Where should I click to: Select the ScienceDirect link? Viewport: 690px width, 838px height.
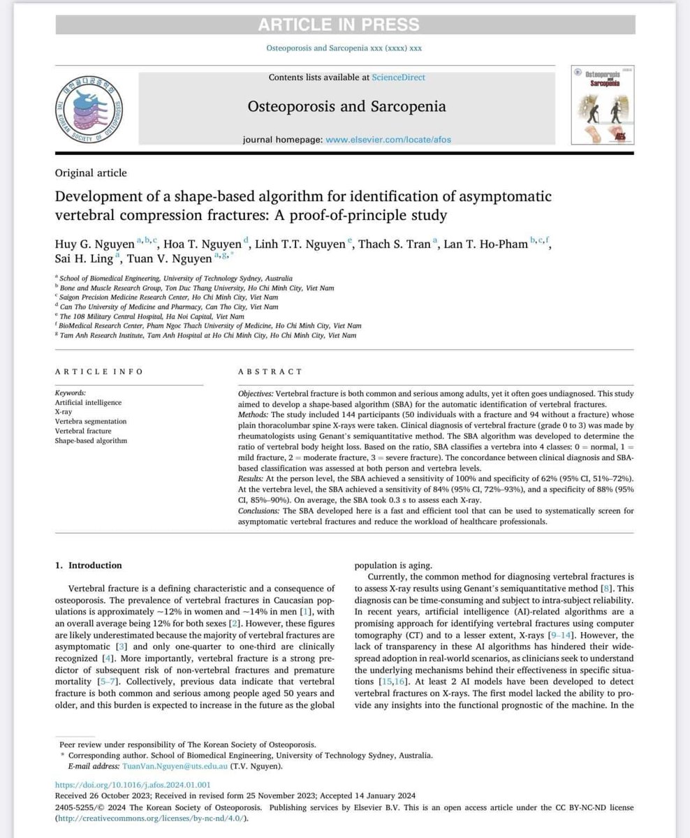pos(398,78)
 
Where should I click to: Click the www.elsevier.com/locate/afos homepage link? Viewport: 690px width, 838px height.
pos(389,139)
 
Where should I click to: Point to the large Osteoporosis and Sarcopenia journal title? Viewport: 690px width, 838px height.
pos(346,107)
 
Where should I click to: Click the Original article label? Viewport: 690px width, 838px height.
pos(90,172)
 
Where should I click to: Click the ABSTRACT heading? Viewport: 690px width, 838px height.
pos(270,372)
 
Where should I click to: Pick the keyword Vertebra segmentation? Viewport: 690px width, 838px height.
pos(91,422)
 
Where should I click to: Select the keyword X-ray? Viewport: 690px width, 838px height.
pos(64,412)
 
